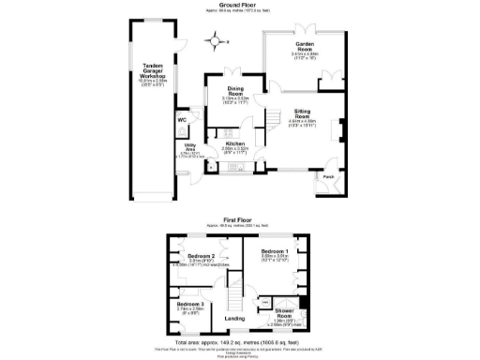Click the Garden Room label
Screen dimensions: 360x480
[x=305, y=44]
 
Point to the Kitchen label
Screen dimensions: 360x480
[x=234, y=143]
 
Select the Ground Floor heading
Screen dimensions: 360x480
[x=240, y=4]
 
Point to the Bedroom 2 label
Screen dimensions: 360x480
[x=201, y=257]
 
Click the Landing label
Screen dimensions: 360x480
[x=235, y=318]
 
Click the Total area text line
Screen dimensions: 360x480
[x=240, y=343]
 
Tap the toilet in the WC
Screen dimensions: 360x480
[x=181, y=131]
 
